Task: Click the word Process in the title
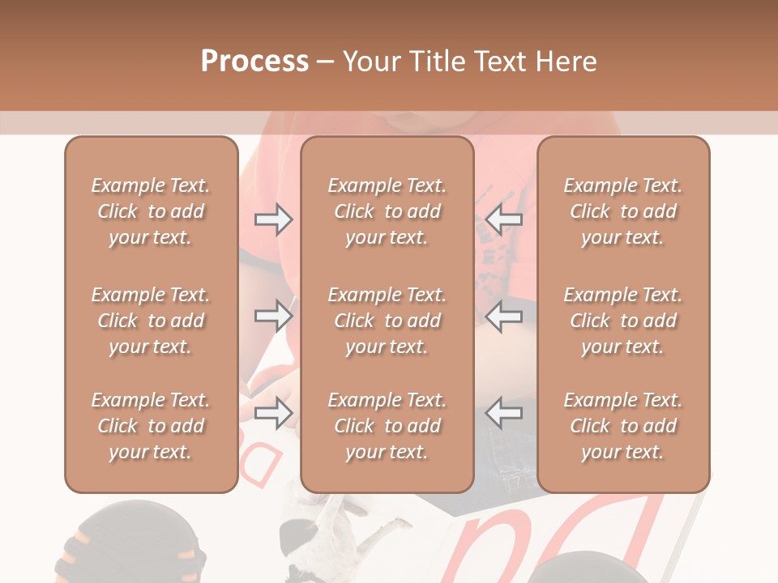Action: pos(254,62)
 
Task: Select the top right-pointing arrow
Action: pos(273,219)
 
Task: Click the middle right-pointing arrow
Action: pos(273,315)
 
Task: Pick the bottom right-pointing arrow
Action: pos(273,413)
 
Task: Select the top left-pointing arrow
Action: pos(504,219)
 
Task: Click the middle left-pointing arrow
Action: pos(504,315)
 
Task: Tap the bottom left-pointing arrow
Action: pos(504,413)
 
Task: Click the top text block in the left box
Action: pos(151,211)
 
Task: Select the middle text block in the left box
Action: pos(151,321)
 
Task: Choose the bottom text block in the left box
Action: pos(151,426)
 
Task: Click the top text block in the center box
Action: pos(387,211)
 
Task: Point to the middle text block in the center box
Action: pos(387,321)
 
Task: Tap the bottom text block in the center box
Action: pos(387,426)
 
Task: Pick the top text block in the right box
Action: pos(622,211)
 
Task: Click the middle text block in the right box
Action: pos(622,321)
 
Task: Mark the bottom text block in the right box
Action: pos(622,426)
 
